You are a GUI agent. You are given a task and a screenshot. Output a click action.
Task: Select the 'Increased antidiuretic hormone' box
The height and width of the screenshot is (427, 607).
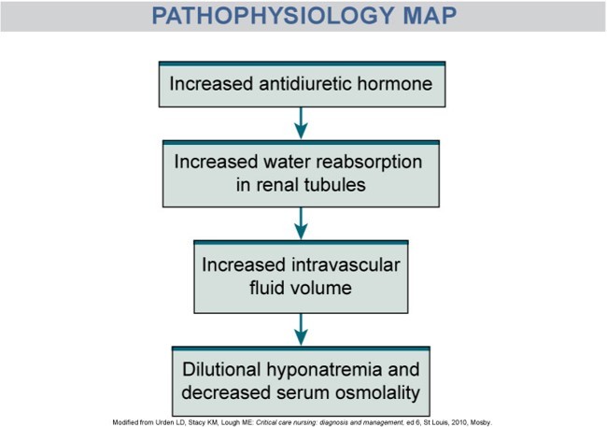click(x=302, y=83)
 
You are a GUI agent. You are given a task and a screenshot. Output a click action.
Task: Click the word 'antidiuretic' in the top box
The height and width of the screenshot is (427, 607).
click(x=303, y=83)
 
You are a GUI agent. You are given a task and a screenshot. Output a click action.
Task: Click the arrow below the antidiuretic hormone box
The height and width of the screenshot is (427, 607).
click(x=302, y=121)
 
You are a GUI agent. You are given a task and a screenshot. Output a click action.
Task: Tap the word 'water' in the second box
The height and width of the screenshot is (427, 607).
click(x=276, y=162)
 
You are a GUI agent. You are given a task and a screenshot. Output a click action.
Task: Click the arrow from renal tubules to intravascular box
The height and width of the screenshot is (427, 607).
click(x=302, y=223)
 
